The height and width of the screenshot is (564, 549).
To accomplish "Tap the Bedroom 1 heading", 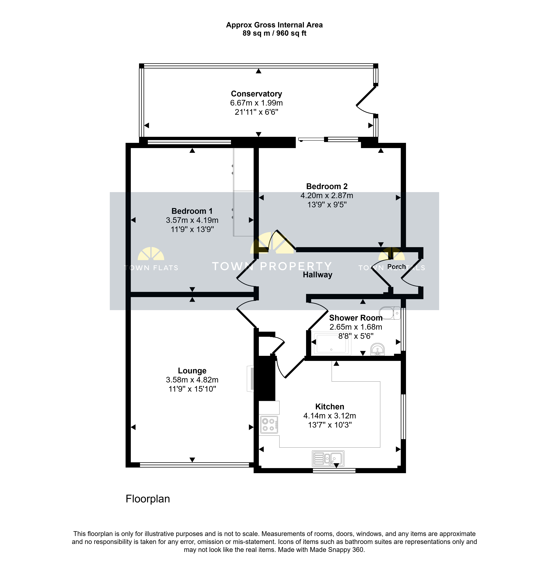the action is [x=192, y=211].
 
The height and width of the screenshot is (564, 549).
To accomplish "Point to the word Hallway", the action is [x=317, y=275].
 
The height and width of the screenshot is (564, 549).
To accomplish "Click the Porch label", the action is [x=397, y=267].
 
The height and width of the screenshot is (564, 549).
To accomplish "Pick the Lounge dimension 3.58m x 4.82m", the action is [x=192, y=380].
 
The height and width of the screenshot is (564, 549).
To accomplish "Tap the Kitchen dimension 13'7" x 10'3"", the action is [x=330, y=425].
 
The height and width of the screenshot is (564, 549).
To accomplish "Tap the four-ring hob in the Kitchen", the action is [x=269, y=425].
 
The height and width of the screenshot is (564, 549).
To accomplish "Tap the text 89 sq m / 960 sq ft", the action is [x=274, y=33].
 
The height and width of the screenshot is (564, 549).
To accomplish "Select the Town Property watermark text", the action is [x=272, y=266].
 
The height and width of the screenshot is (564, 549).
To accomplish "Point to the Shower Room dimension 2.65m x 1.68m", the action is [x=356, y=327].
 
